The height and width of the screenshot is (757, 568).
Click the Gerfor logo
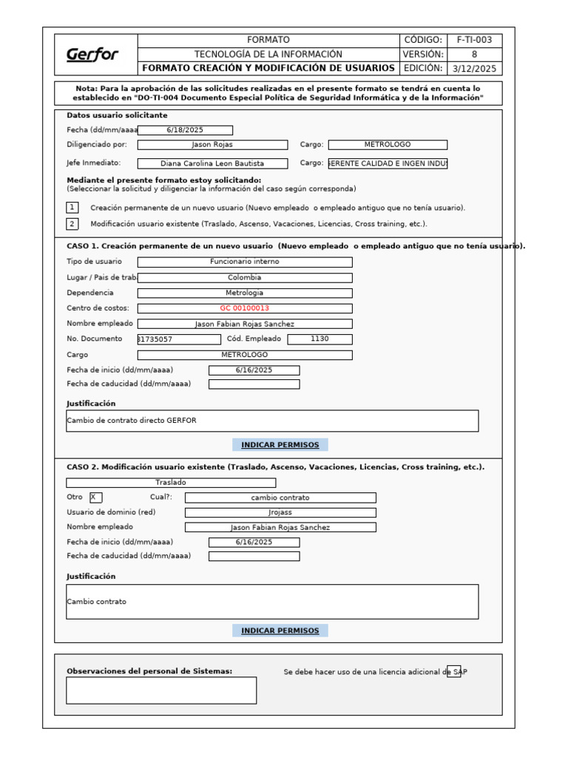click(x=92, y=55)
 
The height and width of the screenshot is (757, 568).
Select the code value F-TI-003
click(x=474, y=40)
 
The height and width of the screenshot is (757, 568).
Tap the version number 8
click(x=474, y=54)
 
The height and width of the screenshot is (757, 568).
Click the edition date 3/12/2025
click(x=474, y=69)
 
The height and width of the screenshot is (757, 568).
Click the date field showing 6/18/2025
click(x=185, y=130)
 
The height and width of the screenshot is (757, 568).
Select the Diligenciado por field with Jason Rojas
click(x=212, y=145)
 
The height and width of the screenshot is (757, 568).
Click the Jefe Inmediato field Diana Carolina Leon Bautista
click(x=213, y=163)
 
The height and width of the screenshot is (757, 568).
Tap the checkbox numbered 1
click(x=72, y=208)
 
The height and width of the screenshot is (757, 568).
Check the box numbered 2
click(x=72, y=223)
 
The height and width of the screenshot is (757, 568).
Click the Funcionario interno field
click(x=245, y=262)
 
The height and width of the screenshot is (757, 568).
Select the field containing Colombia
click(x=245, y=278)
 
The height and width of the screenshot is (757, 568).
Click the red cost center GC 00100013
click(x=245, y=308)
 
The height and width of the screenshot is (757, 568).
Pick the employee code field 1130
click(x=319, y=339)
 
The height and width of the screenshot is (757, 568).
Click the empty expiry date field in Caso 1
click(x=254, y=384)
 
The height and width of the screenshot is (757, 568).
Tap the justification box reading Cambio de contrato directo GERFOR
click(x=272, y=421)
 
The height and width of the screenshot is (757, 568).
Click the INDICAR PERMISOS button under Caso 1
click(x=280, y=445)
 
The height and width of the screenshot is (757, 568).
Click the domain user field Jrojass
click(x=280, y=512)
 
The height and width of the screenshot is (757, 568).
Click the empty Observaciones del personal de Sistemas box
click(x=161, y=690)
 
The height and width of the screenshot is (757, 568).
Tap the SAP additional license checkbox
click(x=454, y=671)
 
